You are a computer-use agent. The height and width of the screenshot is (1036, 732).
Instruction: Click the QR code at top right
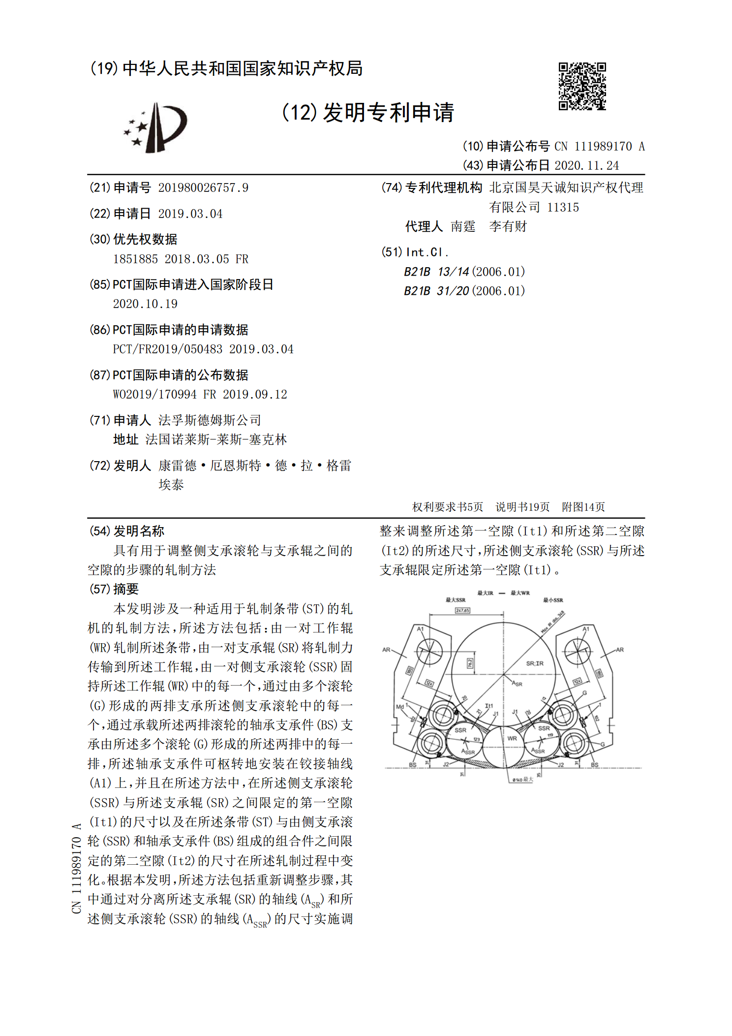pyautogui.click(x=582, y=86)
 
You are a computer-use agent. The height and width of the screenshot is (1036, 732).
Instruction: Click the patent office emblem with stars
pyautogui.click(x=155, y=128)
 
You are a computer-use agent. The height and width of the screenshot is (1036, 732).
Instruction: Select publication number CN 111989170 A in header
pyautogui.click(x=599, y=146)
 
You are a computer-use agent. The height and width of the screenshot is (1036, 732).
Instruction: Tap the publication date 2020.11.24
pyautogui.click(x=586, y=165)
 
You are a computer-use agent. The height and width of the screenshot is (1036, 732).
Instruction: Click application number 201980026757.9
pyautogui.click(x=203, y=188)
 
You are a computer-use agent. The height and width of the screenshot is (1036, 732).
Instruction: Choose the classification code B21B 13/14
pyautogui.click(x=436, y=272)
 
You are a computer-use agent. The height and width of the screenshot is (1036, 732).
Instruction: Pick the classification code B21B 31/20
pyautogui.click(x=436, y=291)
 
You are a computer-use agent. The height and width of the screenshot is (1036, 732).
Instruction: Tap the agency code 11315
pyautogui.click(x=563, y=207)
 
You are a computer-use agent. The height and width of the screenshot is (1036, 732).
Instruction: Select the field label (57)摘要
pyautogui.click(x=114, y=589)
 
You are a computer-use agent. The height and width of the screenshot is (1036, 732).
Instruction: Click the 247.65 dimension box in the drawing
pyautogui.click(x=462, y=610)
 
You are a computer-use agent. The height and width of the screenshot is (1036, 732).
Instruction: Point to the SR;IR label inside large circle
pyautogui.click(x=535, y=663)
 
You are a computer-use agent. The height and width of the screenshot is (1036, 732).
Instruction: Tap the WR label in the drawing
pyautogui.click(x=512, y=738)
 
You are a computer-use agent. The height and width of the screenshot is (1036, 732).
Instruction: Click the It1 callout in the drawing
pyautogui.click(x=488, y=706)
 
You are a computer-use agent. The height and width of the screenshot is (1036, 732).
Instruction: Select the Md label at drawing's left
pyautogui.click(x=399, y=707)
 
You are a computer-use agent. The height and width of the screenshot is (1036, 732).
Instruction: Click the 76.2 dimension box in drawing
pyautogui.click(x=470, y=663)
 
